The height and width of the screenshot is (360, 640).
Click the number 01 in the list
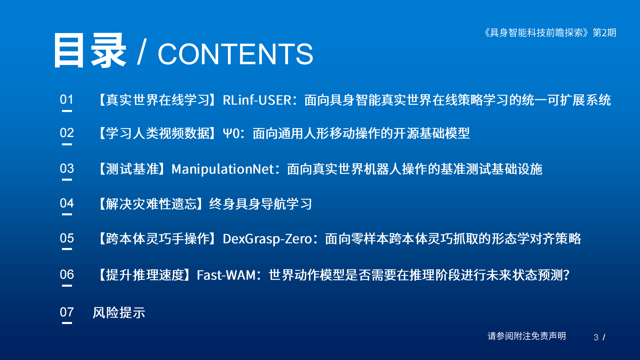point(67,99)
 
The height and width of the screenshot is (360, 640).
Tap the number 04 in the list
point(67,203)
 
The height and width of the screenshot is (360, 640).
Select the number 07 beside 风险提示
point(67,312)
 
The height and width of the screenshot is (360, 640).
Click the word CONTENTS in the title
point(235,54)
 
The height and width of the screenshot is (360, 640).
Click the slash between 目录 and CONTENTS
point(142,52)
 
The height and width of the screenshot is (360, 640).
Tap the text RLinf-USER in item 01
point(257,100)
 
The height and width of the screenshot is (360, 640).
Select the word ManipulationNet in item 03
point(223,169)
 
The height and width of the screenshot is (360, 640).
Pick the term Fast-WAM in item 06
point(226,275)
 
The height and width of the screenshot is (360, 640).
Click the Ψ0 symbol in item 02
point(231,134)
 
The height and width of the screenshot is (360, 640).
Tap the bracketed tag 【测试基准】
point(132,169)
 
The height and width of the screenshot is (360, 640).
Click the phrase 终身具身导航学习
point(260,204)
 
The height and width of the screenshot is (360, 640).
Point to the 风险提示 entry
point(119,313)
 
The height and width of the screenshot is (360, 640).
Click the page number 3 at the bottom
point(596,337)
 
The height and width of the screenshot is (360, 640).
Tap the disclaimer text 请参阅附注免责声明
point(527,336)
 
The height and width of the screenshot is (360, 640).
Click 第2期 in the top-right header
point(604,33)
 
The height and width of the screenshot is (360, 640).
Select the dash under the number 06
point(67,286)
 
